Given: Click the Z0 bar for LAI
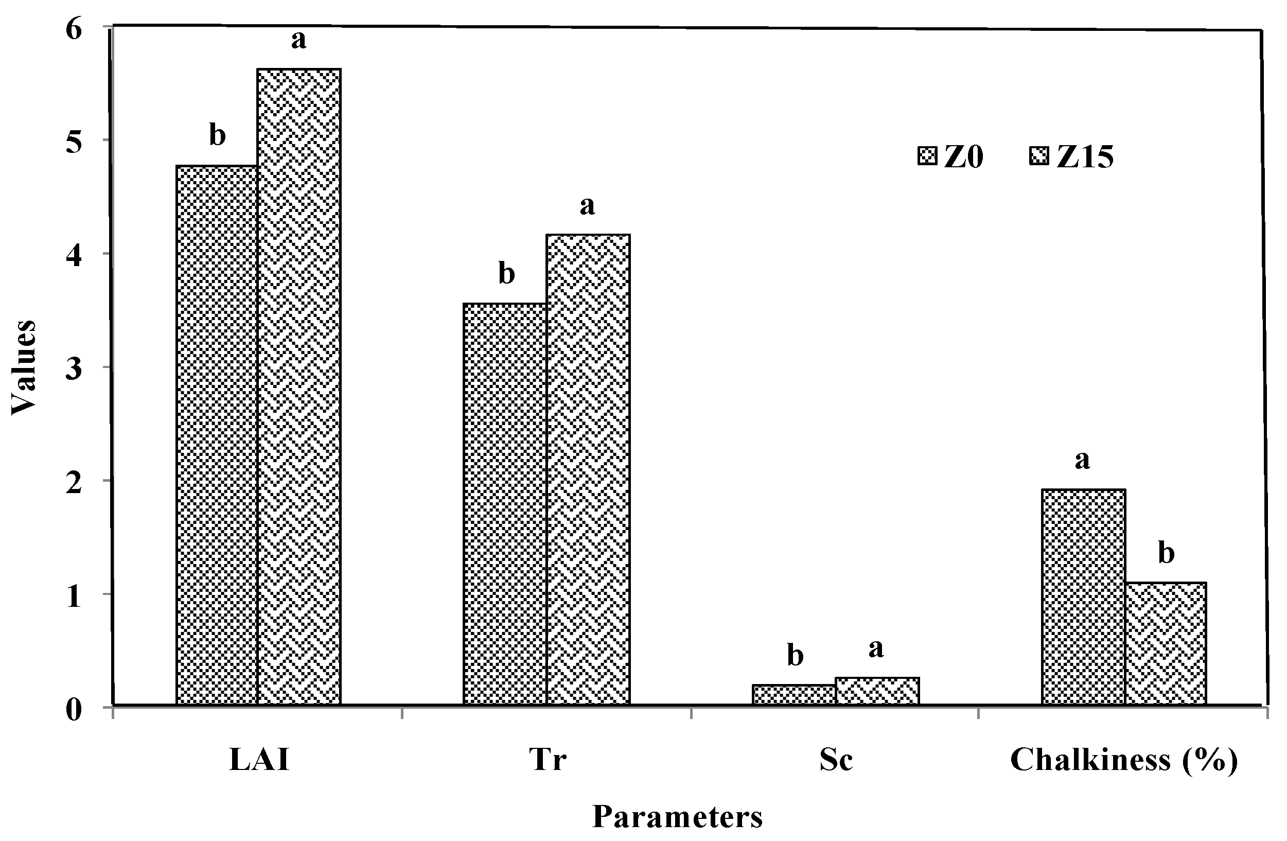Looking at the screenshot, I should [216, 435].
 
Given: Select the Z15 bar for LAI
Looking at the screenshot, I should [298, 387].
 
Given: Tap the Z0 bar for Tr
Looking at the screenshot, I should [504, 504].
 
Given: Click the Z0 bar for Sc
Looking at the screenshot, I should [794, 695].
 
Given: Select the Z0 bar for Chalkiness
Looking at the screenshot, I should [1083, 597].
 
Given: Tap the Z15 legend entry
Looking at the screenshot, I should [1071, 157].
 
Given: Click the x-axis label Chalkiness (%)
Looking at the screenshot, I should [1124, 760].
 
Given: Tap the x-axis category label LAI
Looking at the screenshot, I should [259, 760].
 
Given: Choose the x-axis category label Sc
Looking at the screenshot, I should [836, 760].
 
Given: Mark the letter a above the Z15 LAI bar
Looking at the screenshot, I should [298, 40].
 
